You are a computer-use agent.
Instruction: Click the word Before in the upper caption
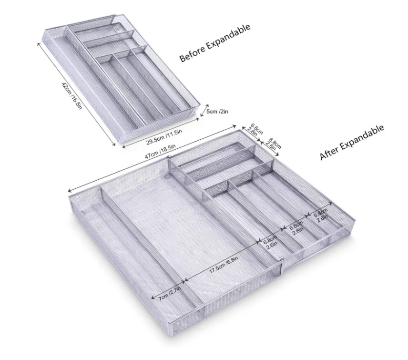coord(190,54)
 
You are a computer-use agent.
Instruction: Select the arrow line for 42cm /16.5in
coord(76,93)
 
